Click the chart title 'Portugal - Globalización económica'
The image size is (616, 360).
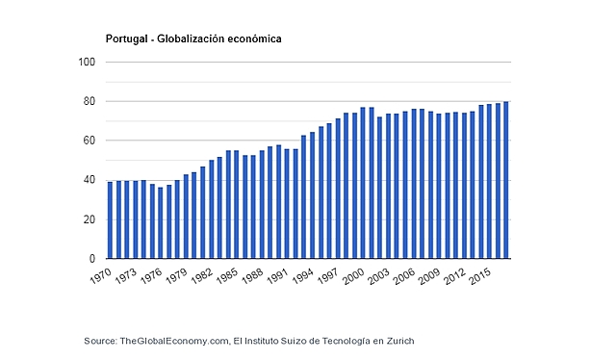193,39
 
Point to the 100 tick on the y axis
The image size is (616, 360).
88,63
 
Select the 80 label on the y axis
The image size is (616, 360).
90,102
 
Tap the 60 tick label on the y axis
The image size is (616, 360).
90,141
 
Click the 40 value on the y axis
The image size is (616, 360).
90,181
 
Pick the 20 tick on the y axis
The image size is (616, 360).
90,220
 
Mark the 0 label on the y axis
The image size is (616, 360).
93,259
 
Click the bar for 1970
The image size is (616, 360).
110,220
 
